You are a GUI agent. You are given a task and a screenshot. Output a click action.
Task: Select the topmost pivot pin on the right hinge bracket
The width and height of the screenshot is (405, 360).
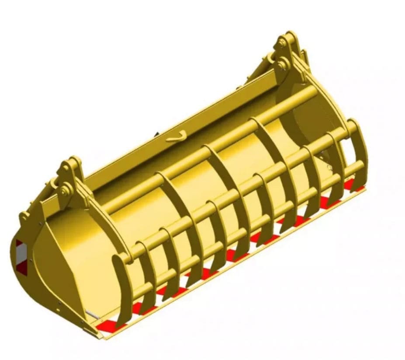(282, 44)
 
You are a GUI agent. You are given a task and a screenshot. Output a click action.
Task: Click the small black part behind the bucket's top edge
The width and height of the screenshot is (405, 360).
(156, 133)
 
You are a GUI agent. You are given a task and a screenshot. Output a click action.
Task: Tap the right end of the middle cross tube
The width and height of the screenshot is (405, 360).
(350, 129)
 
